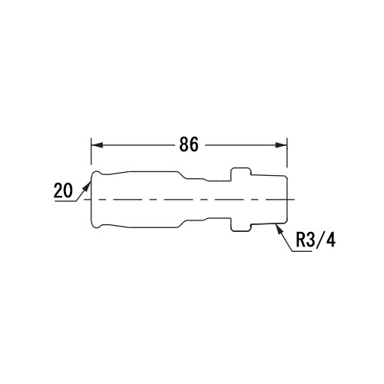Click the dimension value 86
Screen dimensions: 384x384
coord(189,144)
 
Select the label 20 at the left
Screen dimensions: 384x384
coord(63,190)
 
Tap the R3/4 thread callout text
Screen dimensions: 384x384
coord(316,240)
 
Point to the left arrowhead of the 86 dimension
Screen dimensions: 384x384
coord(98,145)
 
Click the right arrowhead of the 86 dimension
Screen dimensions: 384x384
coord(281,145)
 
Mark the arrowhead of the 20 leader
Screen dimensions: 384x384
coord(88,186)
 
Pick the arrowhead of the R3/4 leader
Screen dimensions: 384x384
coord(279,229)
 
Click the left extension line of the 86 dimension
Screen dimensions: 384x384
coord(91,151)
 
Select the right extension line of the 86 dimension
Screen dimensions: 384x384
coord(287,153)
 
